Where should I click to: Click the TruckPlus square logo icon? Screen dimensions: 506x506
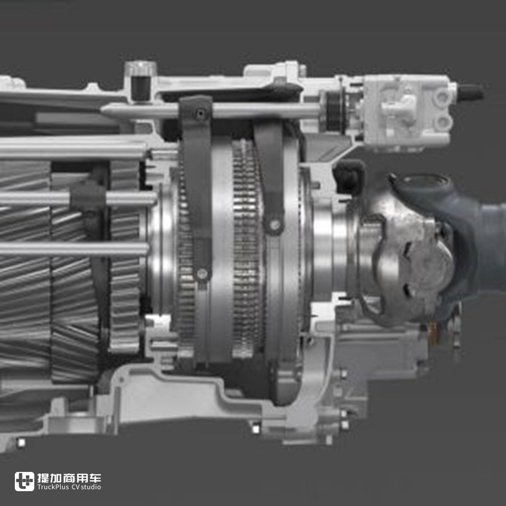(x=25, y=481)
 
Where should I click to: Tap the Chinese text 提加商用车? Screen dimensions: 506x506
(x=69, y=478)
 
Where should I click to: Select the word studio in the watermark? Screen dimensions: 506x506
(x=91, y=487)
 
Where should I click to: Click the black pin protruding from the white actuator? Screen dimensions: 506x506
(x=470, y=92)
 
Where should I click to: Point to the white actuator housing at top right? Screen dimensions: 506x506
(x=408, y=111)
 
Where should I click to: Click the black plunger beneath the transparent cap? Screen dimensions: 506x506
(x=141, y=88)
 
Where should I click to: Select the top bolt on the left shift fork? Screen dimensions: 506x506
(x=201, y=113)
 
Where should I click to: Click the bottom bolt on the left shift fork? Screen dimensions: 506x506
(x=202, y=274)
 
